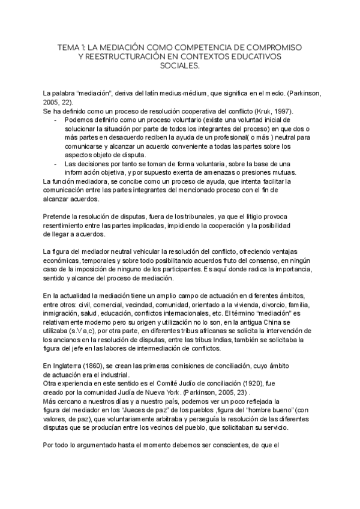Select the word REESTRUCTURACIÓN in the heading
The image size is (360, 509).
[x=131, y=56]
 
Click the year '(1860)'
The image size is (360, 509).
[x=101, y=366]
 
